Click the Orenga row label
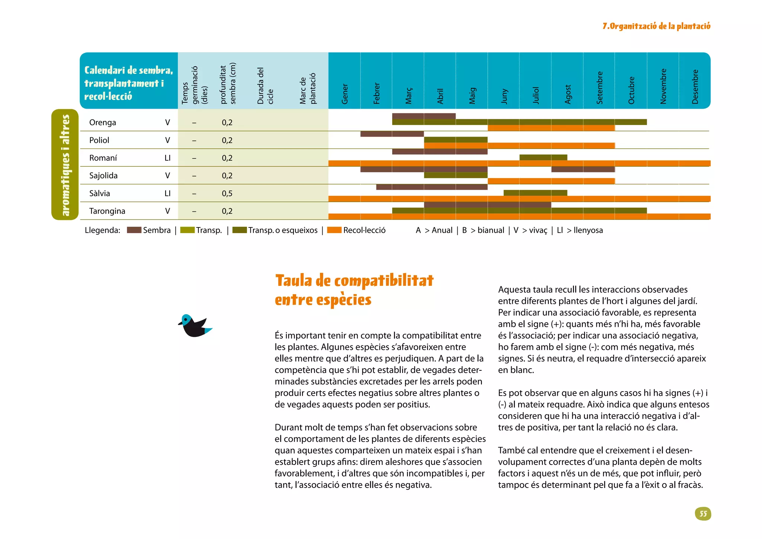click(x=103, y=122)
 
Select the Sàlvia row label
click(x=100, y=193)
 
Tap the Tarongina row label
click(x=107, y=211)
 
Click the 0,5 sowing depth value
click(x=227, y=193)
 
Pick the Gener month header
click(x=345, y=94)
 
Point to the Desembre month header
click(x=695, y=87)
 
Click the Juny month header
click(x=504, y=96)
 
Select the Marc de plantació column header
click(x=308, y=88)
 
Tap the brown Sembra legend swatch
click(x=134, y=230)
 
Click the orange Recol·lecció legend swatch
click(x=334, y=230)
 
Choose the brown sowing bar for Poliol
click(x=392, y=134)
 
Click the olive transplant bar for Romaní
click(x=543, y=157)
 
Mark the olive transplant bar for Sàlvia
click(x=535, y=193)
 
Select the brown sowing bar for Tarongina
click(x=487, y=205)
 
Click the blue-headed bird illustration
click(x=195, y=326)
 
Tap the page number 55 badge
click(x=703, y=514)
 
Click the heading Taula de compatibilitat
click(x=354, y=281)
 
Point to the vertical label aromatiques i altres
click(x=65, y=165)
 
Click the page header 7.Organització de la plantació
click(x=656, y=26)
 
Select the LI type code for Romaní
click(x=167, y=158)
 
